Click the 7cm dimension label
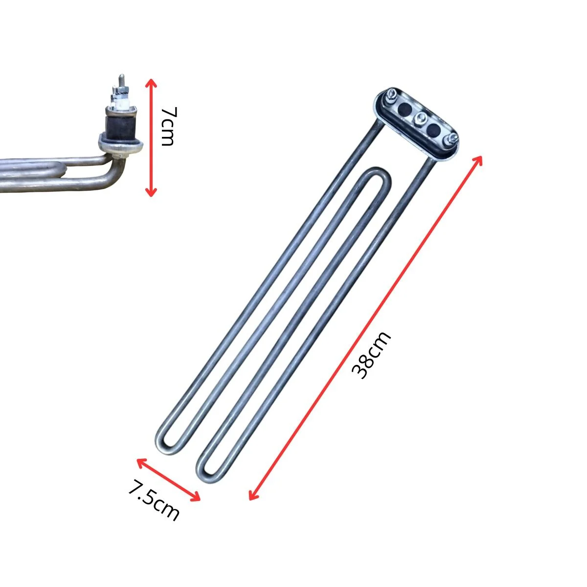pos(168,126)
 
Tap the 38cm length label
pos(371,355)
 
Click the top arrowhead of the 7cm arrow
pos(151,83)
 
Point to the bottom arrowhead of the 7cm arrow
pos(151,192)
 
